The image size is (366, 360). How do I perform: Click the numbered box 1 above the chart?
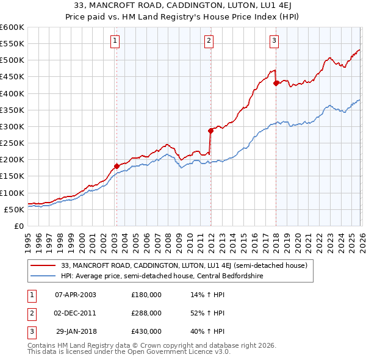(115, 41)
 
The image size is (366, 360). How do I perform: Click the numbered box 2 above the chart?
(209, 41)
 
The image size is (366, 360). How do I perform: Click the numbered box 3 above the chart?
(274, 41)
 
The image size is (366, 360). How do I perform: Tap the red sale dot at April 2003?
(116, 166)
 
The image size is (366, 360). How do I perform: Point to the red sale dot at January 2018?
(276, 83)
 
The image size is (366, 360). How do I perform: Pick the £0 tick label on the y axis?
(18, 226)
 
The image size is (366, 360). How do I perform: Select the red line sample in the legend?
(44, 265)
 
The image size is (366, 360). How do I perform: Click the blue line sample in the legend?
(44, 275)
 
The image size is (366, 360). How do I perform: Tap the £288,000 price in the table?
(146, 313)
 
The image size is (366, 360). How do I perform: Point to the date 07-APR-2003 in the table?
(76, 295)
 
